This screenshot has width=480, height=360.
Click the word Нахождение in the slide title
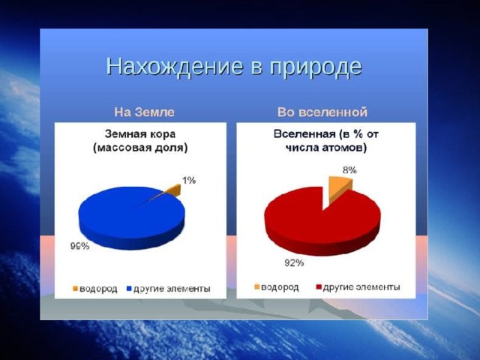point(175,67)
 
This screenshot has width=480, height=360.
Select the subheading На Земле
point(144,112)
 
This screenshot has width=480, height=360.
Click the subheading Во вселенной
point(322,112)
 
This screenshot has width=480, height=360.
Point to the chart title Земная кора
point(140,134)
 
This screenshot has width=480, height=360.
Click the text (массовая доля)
point(140,148)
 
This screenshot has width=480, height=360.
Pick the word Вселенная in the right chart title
point(304,134)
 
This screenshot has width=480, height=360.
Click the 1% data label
point(189,180)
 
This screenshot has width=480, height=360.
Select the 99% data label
point(80,246)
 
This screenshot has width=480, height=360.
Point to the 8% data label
point(349,170)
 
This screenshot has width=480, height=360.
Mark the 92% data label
point(294,262)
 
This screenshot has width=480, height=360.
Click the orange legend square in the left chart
point(75,289)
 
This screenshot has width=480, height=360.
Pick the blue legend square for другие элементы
point(129,289)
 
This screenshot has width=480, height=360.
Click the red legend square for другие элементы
point(318,287)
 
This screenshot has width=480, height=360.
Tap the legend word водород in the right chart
point(280,287)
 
